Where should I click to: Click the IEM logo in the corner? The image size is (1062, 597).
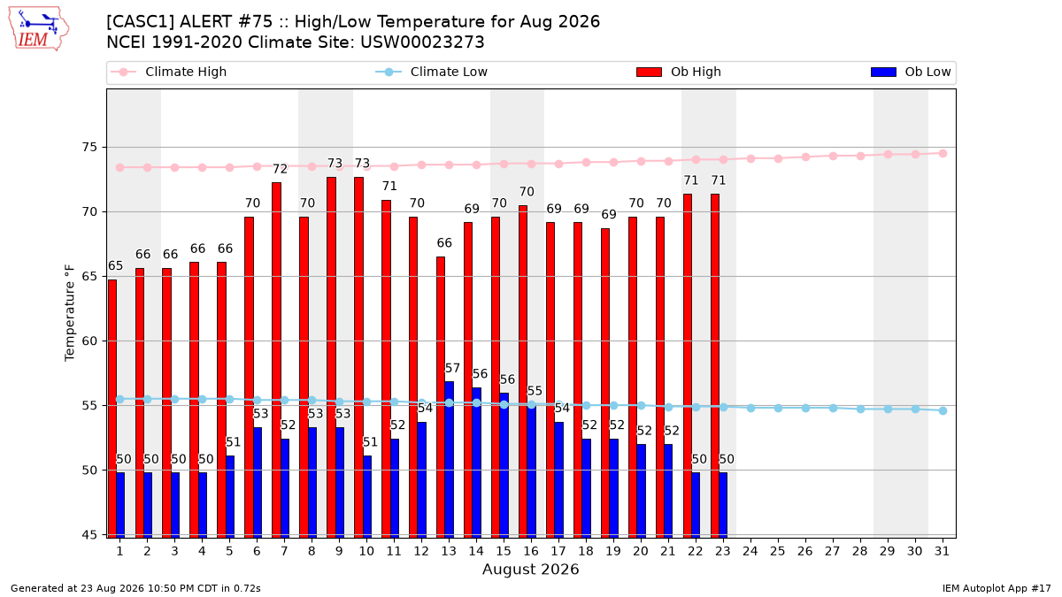(x=39, y=29)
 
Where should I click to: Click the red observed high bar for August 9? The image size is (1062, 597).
(x=331, y=357)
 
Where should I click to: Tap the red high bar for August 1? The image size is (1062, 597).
(x=112, y=409)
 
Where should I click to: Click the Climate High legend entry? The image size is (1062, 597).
(x=168, y=72)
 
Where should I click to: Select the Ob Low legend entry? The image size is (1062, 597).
(x=911, y=72)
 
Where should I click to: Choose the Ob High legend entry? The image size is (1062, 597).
(x=679, y=72)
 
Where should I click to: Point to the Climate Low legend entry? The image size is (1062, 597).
(x=432, y=72)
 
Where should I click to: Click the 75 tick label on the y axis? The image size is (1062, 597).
(x=89, y=148)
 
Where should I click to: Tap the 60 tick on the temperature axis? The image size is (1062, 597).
(x=89, y=341)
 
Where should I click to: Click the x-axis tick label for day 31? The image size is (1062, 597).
(x=942, y=551)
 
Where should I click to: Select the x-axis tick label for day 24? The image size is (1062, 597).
(x=750, y=551)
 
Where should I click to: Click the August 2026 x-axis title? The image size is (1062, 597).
(x=530, y=569)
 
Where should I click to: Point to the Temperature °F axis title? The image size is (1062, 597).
(x=70, y=313)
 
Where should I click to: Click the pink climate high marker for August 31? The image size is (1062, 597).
(x=943, y=154)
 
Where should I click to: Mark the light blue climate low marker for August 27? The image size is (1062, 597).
(x=833, y=408)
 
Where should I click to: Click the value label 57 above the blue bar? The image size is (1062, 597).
(x=452, y=368)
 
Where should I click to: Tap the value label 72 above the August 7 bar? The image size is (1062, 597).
(x=280, y=169)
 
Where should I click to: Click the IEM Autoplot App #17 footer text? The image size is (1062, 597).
(x=997, y=588)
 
